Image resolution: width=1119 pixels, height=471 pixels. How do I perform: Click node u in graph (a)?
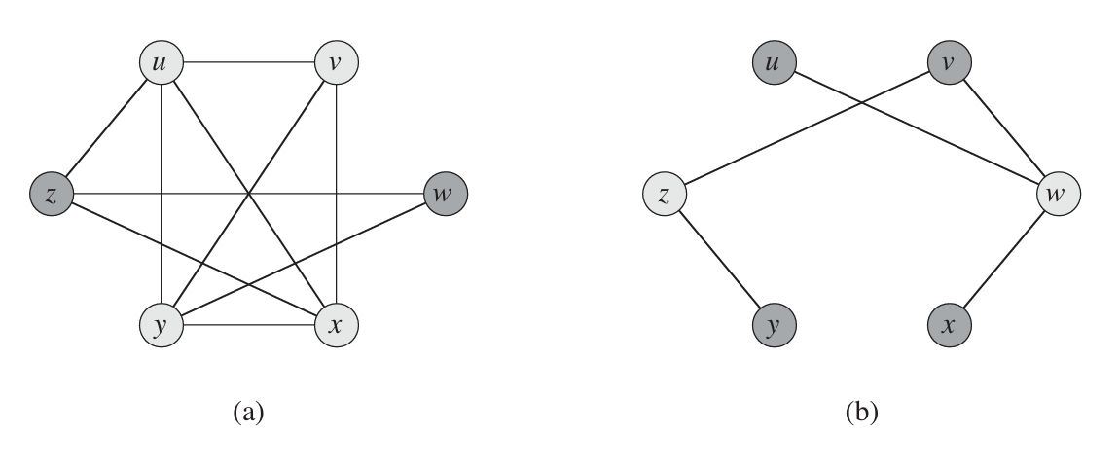pos(161,65)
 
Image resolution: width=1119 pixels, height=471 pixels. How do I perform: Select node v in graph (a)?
pos(337,65)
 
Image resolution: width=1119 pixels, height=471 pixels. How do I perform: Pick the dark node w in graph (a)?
pos(446,195)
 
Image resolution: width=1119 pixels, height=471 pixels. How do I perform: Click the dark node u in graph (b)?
pos(774,65)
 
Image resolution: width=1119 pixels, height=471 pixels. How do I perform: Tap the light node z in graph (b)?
pos(665,195)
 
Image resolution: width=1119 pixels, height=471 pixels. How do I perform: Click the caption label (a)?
pos(248,413)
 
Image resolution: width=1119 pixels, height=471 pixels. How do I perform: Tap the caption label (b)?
pos(861,413)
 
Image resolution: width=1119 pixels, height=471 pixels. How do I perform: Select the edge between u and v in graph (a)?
pos(248,65)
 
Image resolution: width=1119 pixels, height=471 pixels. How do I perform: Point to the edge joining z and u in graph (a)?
pos(106,129)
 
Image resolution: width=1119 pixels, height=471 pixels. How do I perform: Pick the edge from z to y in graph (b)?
pos(719,259)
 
